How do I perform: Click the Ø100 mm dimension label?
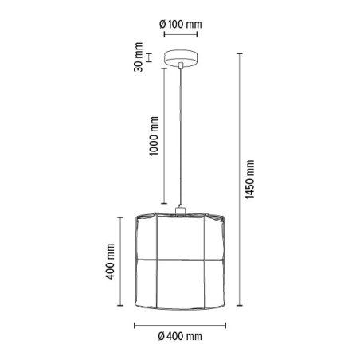[x=180, y=24]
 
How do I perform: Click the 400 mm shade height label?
[x=111, y=264]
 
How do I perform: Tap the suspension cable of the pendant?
[x=182, y=135]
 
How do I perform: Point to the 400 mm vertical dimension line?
[x=122, y=264]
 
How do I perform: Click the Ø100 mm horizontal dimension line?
[x=181, y=36]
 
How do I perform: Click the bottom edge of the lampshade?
[x=182, y=310]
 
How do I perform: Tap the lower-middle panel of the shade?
[x=182, y=284]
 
